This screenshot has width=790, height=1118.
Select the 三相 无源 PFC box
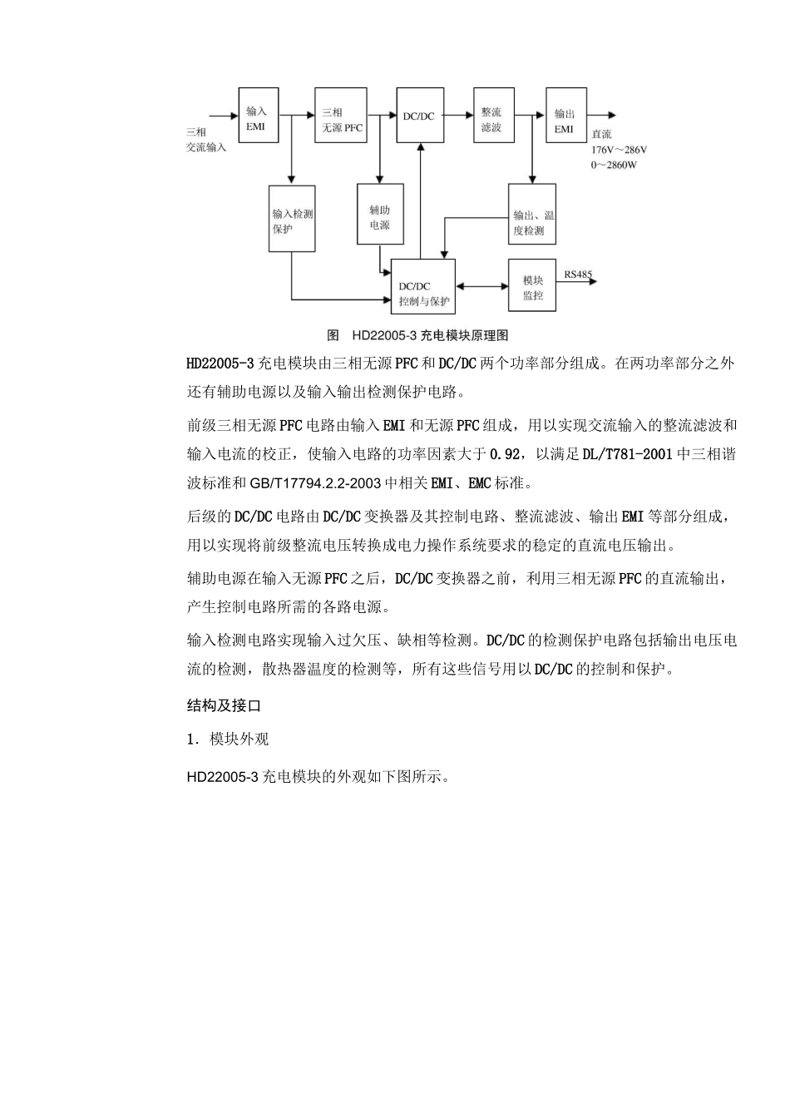(x=343, y=119)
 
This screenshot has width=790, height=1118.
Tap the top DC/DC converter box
(x=420, y=116)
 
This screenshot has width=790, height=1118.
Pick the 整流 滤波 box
(x=492, y=119)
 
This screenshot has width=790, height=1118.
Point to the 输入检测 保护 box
(x=293, y=219)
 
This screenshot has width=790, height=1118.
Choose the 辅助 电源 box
(x=380, y=215)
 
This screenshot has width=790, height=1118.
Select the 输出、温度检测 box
(x=532, y=215)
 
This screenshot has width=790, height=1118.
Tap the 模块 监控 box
(x=532, y=286)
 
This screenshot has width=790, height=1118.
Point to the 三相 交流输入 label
(x=206, y=139)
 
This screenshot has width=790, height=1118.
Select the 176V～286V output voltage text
(x=619, y=150)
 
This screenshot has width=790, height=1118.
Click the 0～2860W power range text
(x=615, y=165)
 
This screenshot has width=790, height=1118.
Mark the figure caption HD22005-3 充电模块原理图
(x=418, y=335)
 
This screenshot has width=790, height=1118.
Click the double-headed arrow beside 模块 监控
(x=481, y=286)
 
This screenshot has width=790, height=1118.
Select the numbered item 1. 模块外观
(x=228, y=740)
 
